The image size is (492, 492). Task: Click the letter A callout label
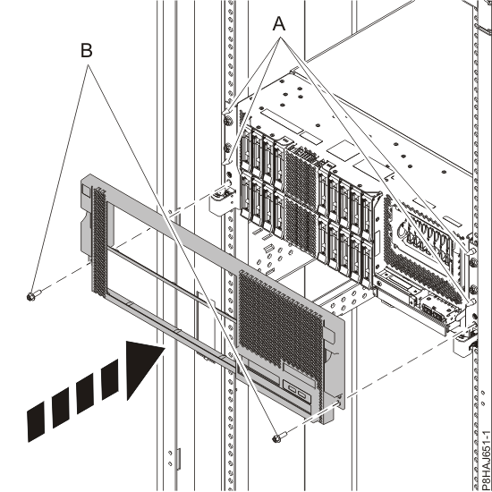[279, 24]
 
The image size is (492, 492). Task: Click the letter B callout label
[87, 50]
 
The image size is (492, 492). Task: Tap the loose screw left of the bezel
[34, 295]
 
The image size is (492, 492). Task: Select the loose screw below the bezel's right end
[280, 437]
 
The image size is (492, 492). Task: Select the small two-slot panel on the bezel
[297, 392]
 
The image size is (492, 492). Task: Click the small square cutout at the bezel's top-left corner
[84, 191]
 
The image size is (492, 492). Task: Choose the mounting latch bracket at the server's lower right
[465, 343]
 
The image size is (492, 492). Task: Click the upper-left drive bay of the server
[245, 148]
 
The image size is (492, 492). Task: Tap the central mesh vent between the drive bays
[301, 200]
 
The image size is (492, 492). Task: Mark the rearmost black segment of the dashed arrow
[37, 421]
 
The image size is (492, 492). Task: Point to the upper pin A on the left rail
[227, 112]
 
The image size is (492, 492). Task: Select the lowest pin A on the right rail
[470, 301]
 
